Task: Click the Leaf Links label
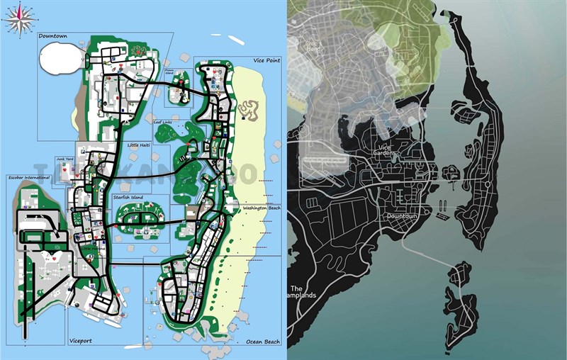(x=163, y=123)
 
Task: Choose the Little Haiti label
(x=139, y=145)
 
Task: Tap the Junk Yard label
(x=65, y=161)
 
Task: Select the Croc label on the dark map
(x=313, y=43)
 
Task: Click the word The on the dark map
(x=296, y=288)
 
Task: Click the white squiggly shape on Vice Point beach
(x=249, y=108)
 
